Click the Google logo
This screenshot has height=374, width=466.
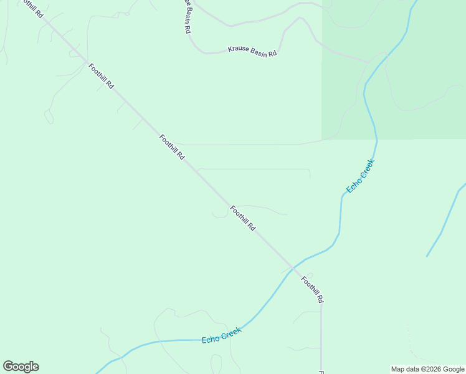(21, 367)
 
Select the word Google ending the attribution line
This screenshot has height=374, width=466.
(454, 370)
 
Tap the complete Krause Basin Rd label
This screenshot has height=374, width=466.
(252, 52)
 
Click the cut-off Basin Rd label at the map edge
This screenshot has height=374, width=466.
(186, 16)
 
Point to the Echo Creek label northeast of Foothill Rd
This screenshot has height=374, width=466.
(360, 176)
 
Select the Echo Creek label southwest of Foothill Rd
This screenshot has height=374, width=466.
(221, 335)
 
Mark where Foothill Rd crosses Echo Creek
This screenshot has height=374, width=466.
(293, 267)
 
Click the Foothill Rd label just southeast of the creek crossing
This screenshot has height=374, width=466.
(312, 289)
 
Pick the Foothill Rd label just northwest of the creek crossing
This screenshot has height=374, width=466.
(242, 219)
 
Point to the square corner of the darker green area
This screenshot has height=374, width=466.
(322, 139)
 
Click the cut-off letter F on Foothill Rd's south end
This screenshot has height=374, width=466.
(321, 372)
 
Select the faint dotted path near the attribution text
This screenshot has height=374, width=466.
(411, 343)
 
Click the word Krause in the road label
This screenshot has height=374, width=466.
(238, 49)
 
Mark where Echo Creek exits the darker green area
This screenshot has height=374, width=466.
(377, 139)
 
